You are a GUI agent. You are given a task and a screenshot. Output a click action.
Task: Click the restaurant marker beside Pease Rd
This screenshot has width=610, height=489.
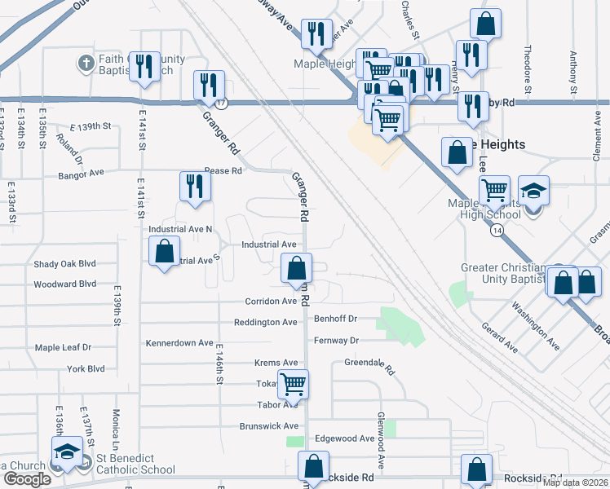pos(195,186)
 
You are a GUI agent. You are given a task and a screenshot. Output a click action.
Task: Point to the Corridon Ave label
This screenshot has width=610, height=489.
pos(271,302)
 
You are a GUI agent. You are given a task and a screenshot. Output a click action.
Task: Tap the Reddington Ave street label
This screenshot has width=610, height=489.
pos(265,323)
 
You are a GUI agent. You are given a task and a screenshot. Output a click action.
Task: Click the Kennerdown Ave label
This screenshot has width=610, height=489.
pos(179,343)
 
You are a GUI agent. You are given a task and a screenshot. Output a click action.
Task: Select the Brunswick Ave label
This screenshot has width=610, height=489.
pos(268,426)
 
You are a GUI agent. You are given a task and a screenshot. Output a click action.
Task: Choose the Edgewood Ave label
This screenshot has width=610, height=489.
pos(344,438)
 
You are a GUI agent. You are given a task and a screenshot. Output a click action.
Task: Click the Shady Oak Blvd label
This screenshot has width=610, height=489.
pos(64,264)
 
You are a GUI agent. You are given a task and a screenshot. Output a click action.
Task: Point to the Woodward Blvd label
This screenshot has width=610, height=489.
pos(66,285)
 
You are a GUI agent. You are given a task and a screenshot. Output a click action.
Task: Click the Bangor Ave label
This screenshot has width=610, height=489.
pos(81,174)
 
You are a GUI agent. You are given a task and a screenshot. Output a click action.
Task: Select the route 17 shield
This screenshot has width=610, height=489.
pos(221,104)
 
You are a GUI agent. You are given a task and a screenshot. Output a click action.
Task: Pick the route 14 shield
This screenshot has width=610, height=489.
pos(497,231)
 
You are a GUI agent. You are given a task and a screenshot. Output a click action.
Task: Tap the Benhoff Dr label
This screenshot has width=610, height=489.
pos(337,319)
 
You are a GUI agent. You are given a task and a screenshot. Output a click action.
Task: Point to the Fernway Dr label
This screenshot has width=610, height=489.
pos(337,341)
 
